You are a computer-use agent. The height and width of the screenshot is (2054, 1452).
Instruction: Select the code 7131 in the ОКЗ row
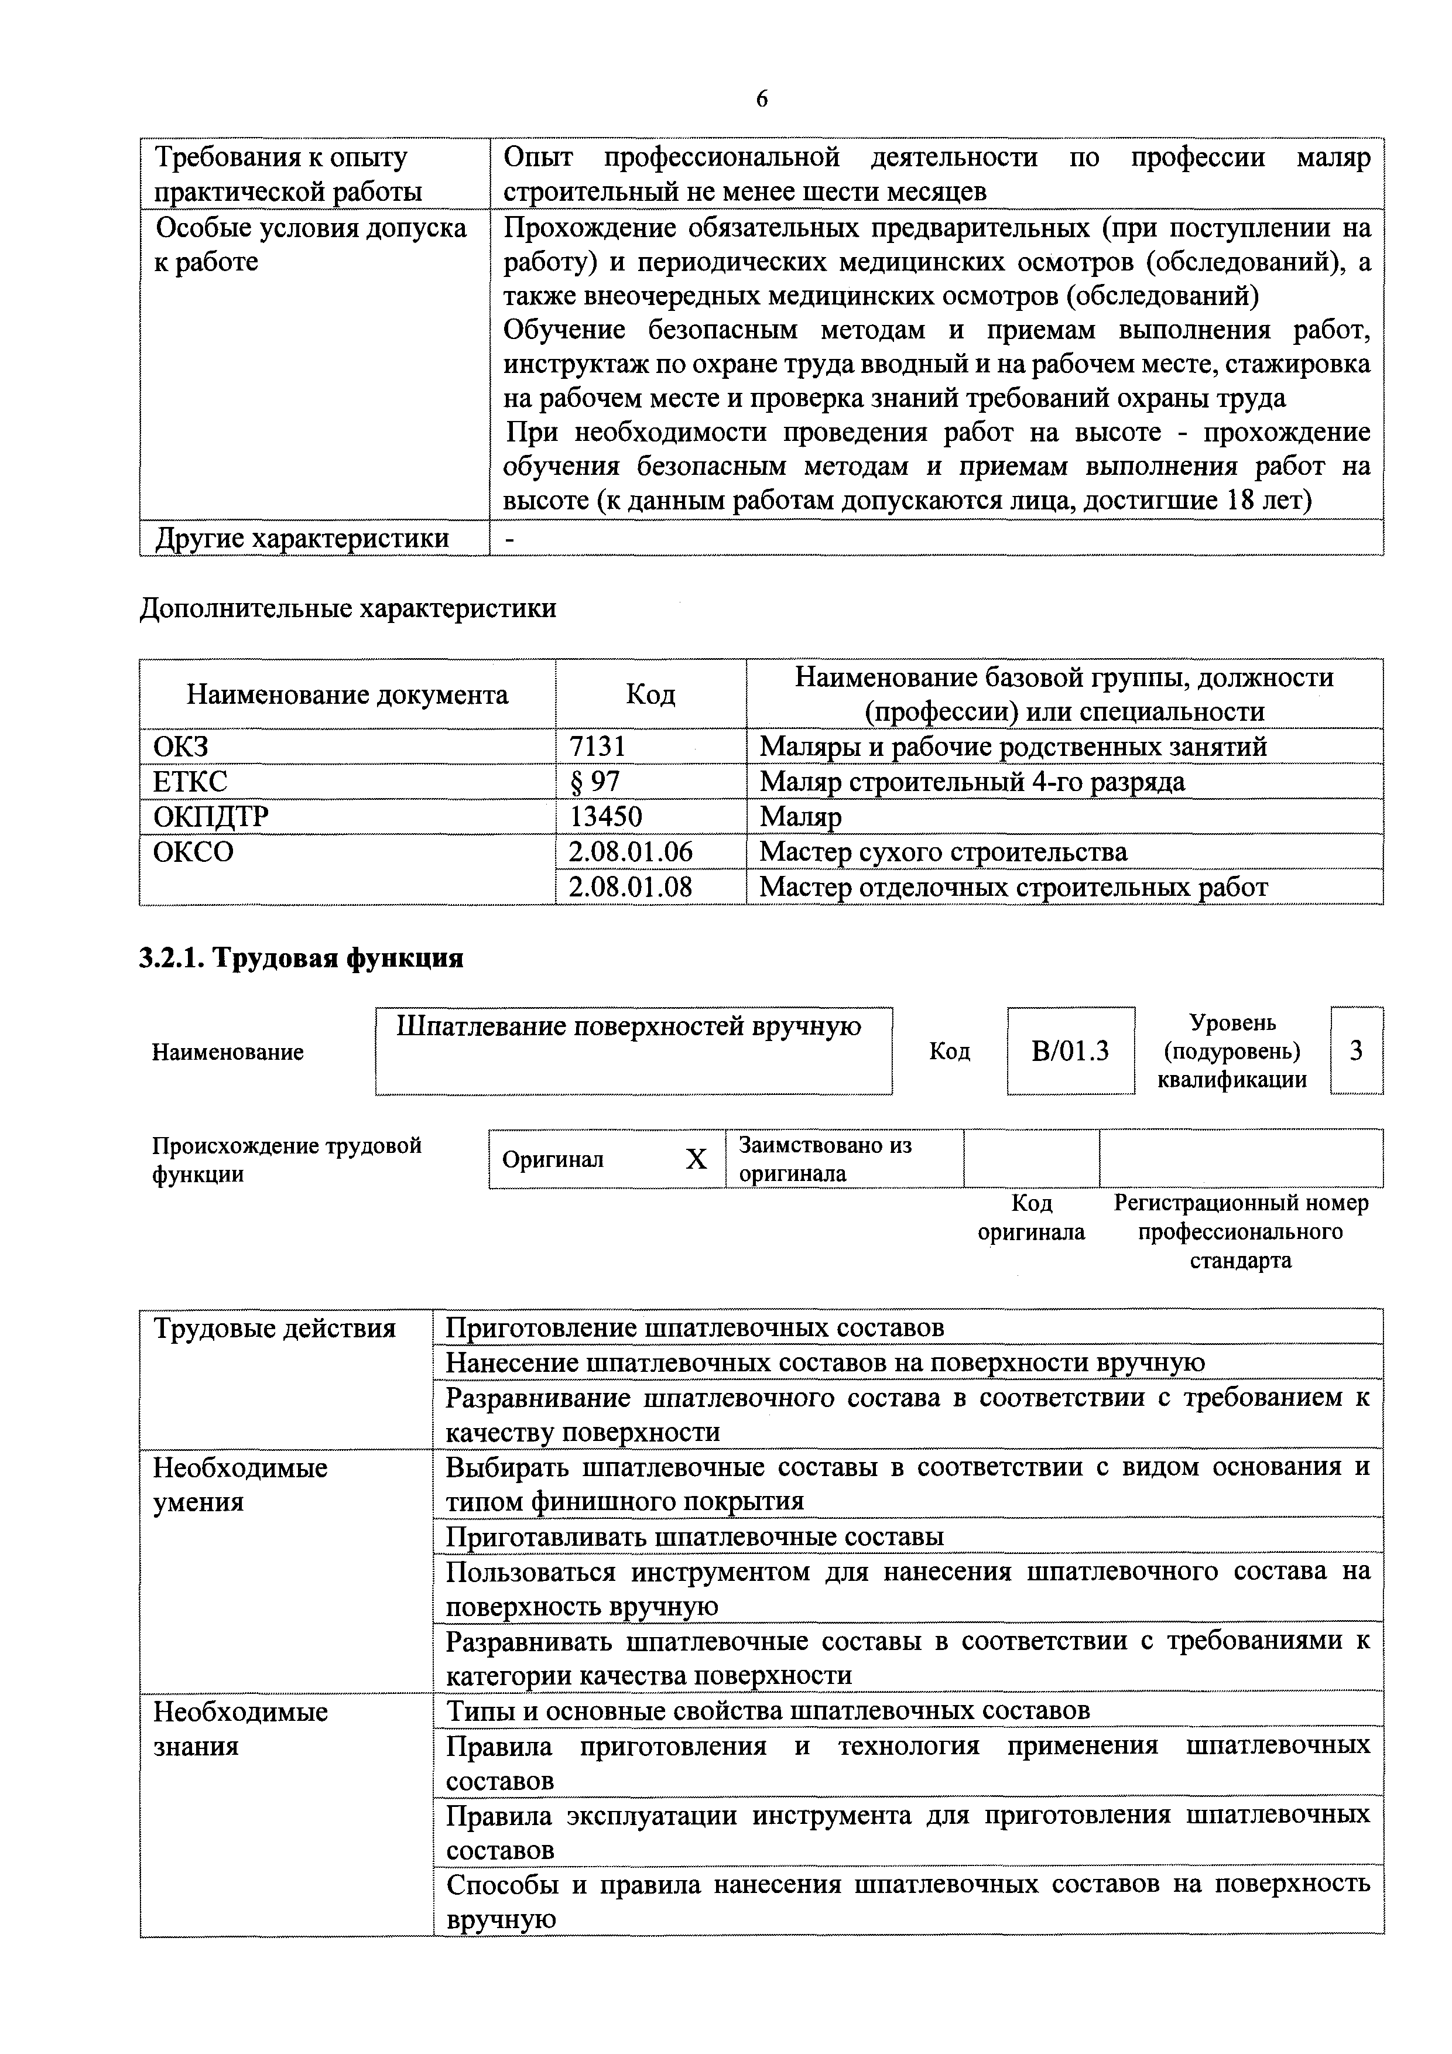(597, 746)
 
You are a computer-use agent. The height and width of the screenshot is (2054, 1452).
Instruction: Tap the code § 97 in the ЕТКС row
(594, 782)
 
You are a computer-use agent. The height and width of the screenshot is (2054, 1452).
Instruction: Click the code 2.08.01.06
(630, 852)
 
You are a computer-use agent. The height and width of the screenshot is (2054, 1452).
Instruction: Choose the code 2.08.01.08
(630, 888)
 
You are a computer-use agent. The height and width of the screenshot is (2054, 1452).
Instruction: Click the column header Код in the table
(650, 694)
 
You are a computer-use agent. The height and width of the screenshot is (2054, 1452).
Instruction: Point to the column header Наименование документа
(347, 694)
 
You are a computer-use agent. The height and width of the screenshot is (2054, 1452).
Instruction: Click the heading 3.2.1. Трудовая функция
(302, 958)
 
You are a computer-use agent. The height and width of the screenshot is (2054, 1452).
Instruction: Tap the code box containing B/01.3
(1070, 1051)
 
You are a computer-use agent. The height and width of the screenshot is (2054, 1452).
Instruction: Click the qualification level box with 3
(1357, 1051)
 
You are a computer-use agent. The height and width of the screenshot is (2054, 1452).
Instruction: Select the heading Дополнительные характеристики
(347, 608)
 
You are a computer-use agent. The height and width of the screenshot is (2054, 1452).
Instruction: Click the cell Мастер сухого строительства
(943, 852)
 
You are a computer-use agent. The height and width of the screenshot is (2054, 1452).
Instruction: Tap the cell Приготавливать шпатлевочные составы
(694, 1537)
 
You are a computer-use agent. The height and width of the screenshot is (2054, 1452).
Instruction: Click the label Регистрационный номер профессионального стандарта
(1240, 1232)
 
